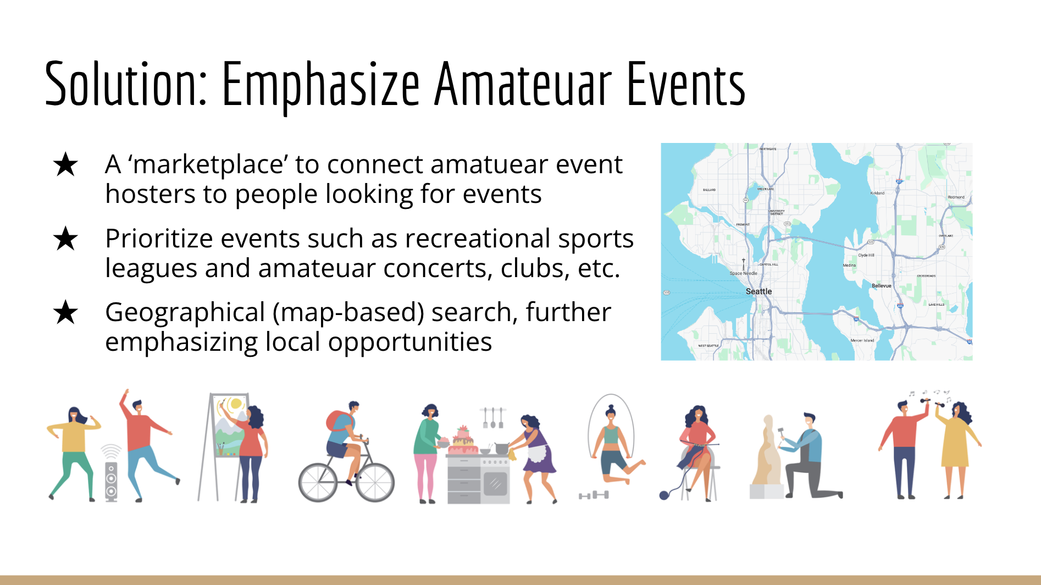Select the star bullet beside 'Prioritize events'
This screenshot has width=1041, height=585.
coord(66,239)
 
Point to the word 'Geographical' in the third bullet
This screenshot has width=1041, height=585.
coord(185,312)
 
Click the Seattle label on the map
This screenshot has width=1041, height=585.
coord(758,291)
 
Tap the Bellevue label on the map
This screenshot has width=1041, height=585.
coord(881,286)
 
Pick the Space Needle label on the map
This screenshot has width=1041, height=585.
coord(743,273)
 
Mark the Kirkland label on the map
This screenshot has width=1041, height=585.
coord(877,193)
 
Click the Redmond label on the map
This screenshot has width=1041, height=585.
coord(956,197)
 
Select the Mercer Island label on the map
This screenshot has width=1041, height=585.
coord(862,340)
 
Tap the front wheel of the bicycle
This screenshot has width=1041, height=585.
coord(375,483)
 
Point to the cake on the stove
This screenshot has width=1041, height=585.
coord(463,440)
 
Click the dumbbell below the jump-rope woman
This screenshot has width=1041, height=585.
coord(594,495)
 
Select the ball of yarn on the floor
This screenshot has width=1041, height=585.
coord(664,495)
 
